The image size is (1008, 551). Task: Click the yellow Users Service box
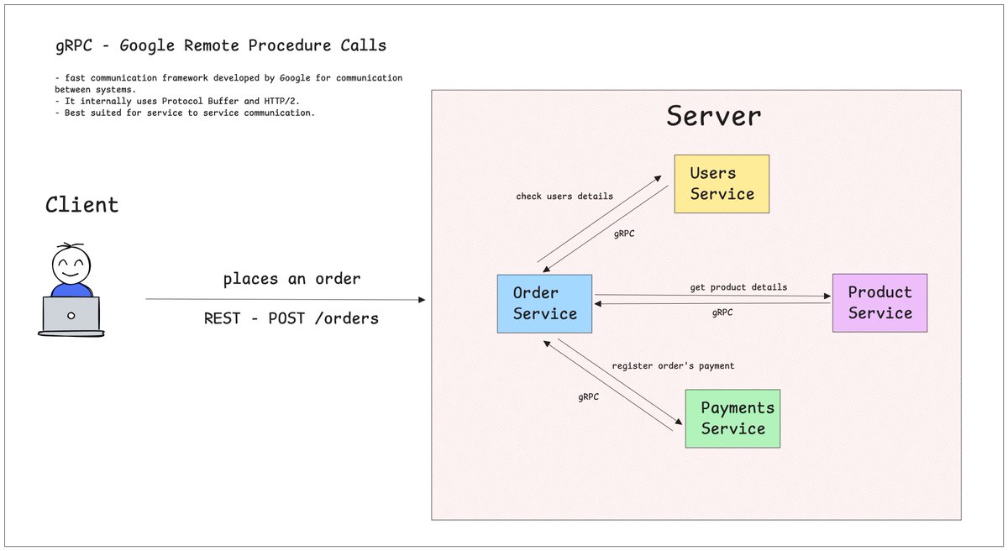pos(722,184)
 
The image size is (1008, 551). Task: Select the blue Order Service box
pos(544,303)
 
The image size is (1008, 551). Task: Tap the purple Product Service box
pos(879,302)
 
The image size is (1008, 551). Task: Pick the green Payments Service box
pos(732,419)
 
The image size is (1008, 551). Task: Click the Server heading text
pos(714,116)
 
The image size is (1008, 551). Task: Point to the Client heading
pos(82,205)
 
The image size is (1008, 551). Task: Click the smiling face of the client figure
pos(71,265)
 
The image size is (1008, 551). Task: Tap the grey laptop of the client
pos(71,316)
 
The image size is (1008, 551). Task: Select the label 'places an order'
pos(291,279)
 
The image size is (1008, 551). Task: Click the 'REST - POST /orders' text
pos(291,318)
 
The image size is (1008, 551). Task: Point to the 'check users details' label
pos(564,196)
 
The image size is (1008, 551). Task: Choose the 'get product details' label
pos(738,287)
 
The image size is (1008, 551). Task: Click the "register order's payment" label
pos(673,365)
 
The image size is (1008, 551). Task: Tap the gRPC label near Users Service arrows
pos(624,234)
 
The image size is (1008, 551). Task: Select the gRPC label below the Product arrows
pos(722,312)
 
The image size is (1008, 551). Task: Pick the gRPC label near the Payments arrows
pos(588,396)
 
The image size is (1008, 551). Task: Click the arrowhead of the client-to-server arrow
pos(422,300)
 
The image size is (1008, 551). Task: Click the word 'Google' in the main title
pos(147,46)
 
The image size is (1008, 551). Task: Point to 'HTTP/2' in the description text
pos(280,101)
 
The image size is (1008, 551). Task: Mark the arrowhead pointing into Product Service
pos(827,296)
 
